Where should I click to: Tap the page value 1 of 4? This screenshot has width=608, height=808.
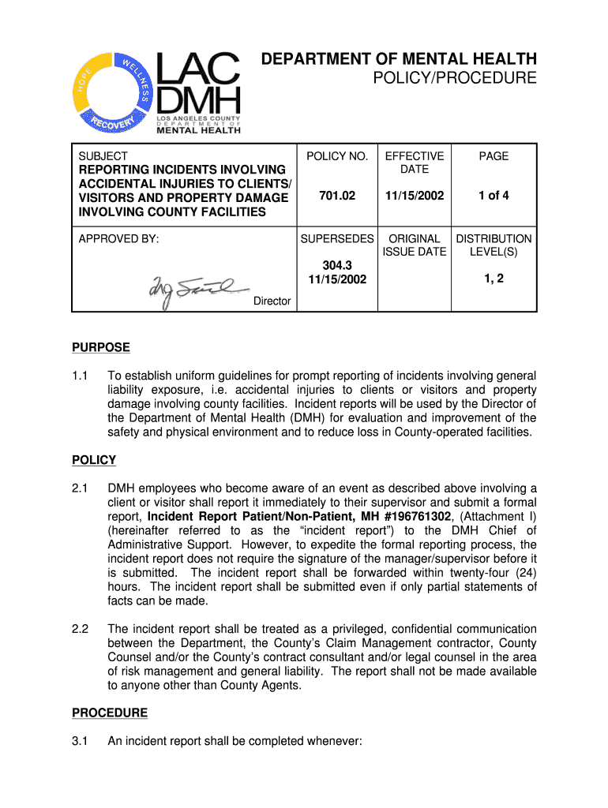pyautogui.click(x=494, y=196)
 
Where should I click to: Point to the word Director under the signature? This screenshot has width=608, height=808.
pyautogui.click(x=272, y=301)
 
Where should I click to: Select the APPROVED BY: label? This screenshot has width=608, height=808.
pyautogui.click(x=118, y=238)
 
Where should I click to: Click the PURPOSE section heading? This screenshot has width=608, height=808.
pyautogui.click(x=101, y=347)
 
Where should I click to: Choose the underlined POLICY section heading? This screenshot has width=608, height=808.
pyautogui.click(x=94, y=460)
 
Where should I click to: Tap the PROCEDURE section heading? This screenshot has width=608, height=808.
pyautogui.click(x=110, y=713)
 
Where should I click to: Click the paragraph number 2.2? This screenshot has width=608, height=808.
pyautogui.click(x=80, y=629)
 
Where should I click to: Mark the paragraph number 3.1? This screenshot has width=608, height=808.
pyautogui.click(x=80, y=742)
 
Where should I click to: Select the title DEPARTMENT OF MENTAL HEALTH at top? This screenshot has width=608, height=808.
pyautogui.click(x=400, y=59)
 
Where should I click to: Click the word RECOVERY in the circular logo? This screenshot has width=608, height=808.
pyautogui.click(x=114, y=122)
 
